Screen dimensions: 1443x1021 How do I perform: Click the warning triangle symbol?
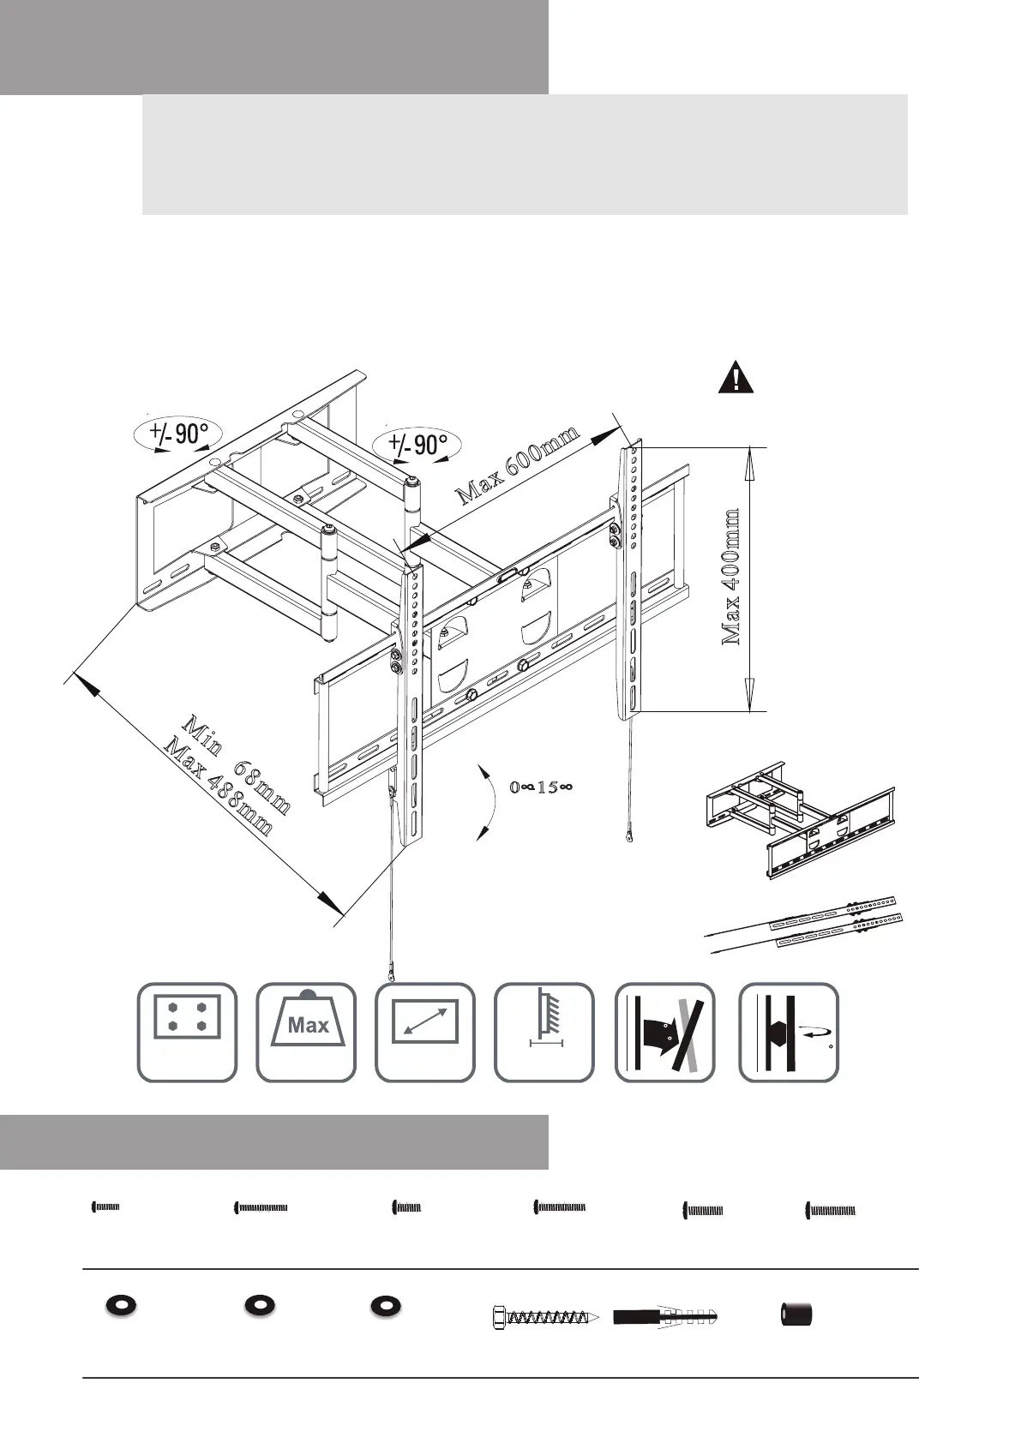[736, 378]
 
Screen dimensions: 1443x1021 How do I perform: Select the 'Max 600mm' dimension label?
[518, 464]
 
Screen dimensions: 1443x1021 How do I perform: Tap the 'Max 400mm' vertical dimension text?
[730, 577]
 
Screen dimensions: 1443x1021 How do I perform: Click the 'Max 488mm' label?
[219, 787]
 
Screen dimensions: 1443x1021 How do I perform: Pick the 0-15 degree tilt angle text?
[541, 787]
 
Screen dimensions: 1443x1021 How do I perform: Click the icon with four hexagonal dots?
[187, 1032]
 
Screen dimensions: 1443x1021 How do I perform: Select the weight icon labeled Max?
[306, 1032]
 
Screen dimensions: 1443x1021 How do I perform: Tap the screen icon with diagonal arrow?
[425, 1032]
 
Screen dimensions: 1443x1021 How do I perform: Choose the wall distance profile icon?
[544, 1032]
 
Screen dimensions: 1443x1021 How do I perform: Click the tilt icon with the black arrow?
[664, 1032]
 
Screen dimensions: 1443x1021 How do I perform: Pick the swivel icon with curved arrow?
[789, 1032]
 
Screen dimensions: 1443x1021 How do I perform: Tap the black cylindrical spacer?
[796, 1314]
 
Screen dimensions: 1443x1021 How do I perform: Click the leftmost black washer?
[122, 1305]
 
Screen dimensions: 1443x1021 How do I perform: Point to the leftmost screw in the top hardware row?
[105, 1207]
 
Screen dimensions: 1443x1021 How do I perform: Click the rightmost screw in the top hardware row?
[831, 1210]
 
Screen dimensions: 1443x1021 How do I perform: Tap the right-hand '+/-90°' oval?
[418, 445]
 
